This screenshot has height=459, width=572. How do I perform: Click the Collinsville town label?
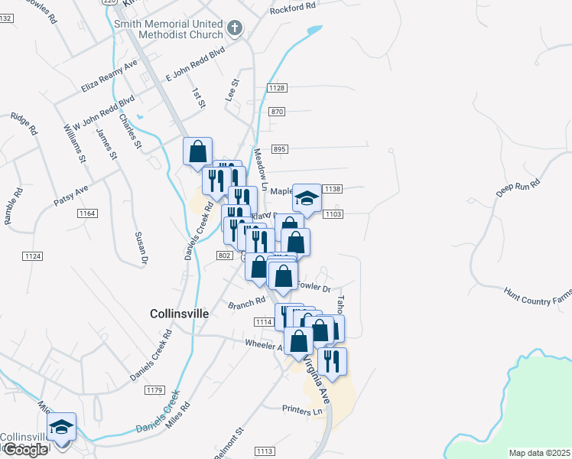point(175,313)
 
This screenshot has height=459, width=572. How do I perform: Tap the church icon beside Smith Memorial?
point(235,29)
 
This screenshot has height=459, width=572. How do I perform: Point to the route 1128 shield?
point(277,89)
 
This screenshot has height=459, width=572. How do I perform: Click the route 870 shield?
point(277,112)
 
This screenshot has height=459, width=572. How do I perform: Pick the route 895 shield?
point(279,148)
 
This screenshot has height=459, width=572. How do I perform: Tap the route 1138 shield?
point(332,188)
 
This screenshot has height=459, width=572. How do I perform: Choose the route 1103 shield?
point(332,214)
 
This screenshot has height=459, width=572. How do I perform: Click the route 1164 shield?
point(86,213)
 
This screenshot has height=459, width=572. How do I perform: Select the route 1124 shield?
point(32,256)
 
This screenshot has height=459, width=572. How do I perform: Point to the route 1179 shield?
point(154,390)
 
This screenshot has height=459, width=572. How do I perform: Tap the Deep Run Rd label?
point(518,188)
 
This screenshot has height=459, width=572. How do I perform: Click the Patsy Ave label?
point(71,194)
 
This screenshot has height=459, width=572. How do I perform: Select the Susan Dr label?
point(141,249)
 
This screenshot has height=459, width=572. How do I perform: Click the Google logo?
point(24,450)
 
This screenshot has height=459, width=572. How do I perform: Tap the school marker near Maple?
point(307,200)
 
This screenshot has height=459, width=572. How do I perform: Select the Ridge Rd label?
point(24,125)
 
